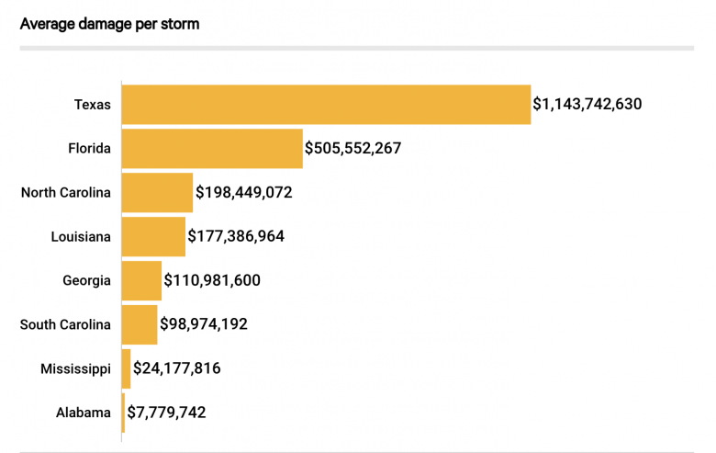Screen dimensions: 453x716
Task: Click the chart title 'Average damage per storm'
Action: coord(109,24)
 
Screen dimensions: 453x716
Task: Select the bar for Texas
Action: coord(326,105)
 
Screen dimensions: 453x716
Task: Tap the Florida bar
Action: coord(212,149)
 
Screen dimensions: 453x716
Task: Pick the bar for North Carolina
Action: coord(157,193)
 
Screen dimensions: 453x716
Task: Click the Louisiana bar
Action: coord(153,237)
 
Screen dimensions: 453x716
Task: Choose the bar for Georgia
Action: coord(141,280)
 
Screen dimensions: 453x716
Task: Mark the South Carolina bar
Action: coord(140,324)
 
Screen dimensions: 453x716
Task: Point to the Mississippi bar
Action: coord(127,368)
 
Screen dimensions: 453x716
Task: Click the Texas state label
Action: coord(92,105)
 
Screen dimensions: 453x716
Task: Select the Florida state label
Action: coord(89,149)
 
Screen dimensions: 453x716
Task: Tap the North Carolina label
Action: coord(66,193)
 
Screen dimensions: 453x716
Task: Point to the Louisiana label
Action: coord(81,237)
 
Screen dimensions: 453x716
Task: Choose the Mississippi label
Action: coord(75,368)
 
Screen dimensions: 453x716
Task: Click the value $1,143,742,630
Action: coord(587,105)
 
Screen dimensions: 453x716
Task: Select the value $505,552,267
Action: coord(353,149)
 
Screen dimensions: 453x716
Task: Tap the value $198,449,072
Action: coord(243,193)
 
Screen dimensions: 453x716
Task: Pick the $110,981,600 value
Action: coord(212,280)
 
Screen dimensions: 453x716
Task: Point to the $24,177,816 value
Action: coord(177,368)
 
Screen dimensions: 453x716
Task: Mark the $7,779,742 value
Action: coord(166,413)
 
